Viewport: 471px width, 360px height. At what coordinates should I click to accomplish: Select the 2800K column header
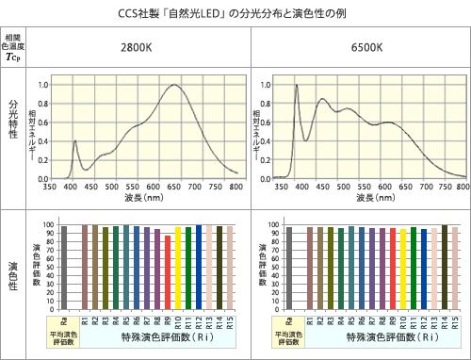pos(138,46)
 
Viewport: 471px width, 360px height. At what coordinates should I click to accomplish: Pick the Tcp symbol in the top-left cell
pos(13,57)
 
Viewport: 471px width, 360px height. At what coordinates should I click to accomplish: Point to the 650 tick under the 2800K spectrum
pos(174,187)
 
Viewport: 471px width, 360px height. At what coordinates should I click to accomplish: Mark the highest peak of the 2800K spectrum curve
pos(174,86)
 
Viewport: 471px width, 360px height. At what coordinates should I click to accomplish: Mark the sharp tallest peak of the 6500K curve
pos(297,86)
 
